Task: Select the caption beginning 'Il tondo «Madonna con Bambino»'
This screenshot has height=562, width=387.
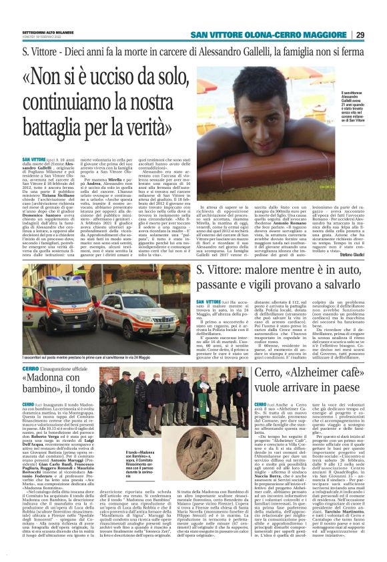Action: point(137,463)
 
